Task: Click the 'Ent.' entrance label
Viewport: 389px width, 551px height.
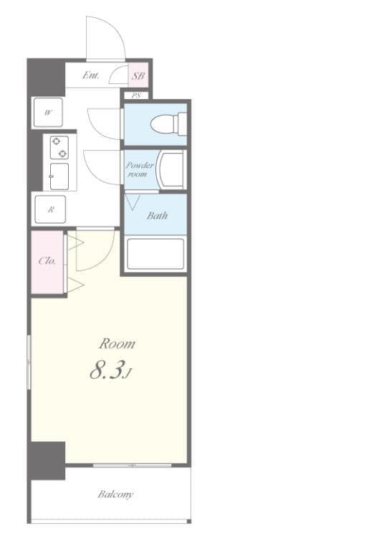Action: (x=91, y=75)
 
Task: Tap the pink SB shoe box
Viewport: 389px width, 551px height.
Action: (x=138, y=75)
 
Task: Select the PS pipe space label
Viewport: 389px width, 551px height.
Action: (x=136, y=95)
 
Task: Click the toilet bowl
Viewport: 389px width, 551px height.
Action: (x=169, y=123)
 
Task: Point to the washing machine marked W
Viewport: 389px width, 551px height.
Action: (x=48, y=113)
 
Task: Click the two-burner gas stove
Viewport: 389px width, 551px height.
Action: (x=59, y=148)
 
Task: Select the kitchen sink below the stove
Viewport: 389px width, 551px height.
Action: (x=59, y=176)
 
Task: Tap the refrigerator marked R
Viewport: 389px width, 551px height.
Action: (x=51, y=209)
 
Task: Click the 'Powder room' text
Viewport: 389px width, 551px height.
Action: (x=139, y=169)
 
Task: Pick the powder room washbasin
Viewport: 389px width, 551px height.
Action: (x=171, y=170)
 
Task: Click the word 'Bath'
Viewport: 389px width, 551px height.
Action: (x=157, y=215)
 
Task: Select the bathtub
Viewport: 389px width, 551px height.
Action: (x=155, y=254)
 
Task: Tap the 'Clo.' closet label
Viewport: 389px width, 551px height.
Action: (x=47, y=260)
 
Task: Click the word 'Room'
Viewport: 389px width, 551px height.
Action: (x=117, y=344)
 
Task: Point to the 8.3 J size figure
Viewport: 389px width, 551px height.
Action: (x=110, y=371)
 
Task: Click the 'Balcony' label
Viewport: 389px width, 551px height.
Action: (x=115, y=494)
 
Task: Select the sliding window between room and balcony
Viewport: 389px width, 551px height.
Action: (x=133, y=465)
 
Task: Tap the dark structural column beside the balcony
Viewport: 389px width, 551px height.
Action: (x=47, y=461)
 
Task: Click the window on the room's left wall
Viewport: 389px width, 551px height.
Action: (x=29, y=362)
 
